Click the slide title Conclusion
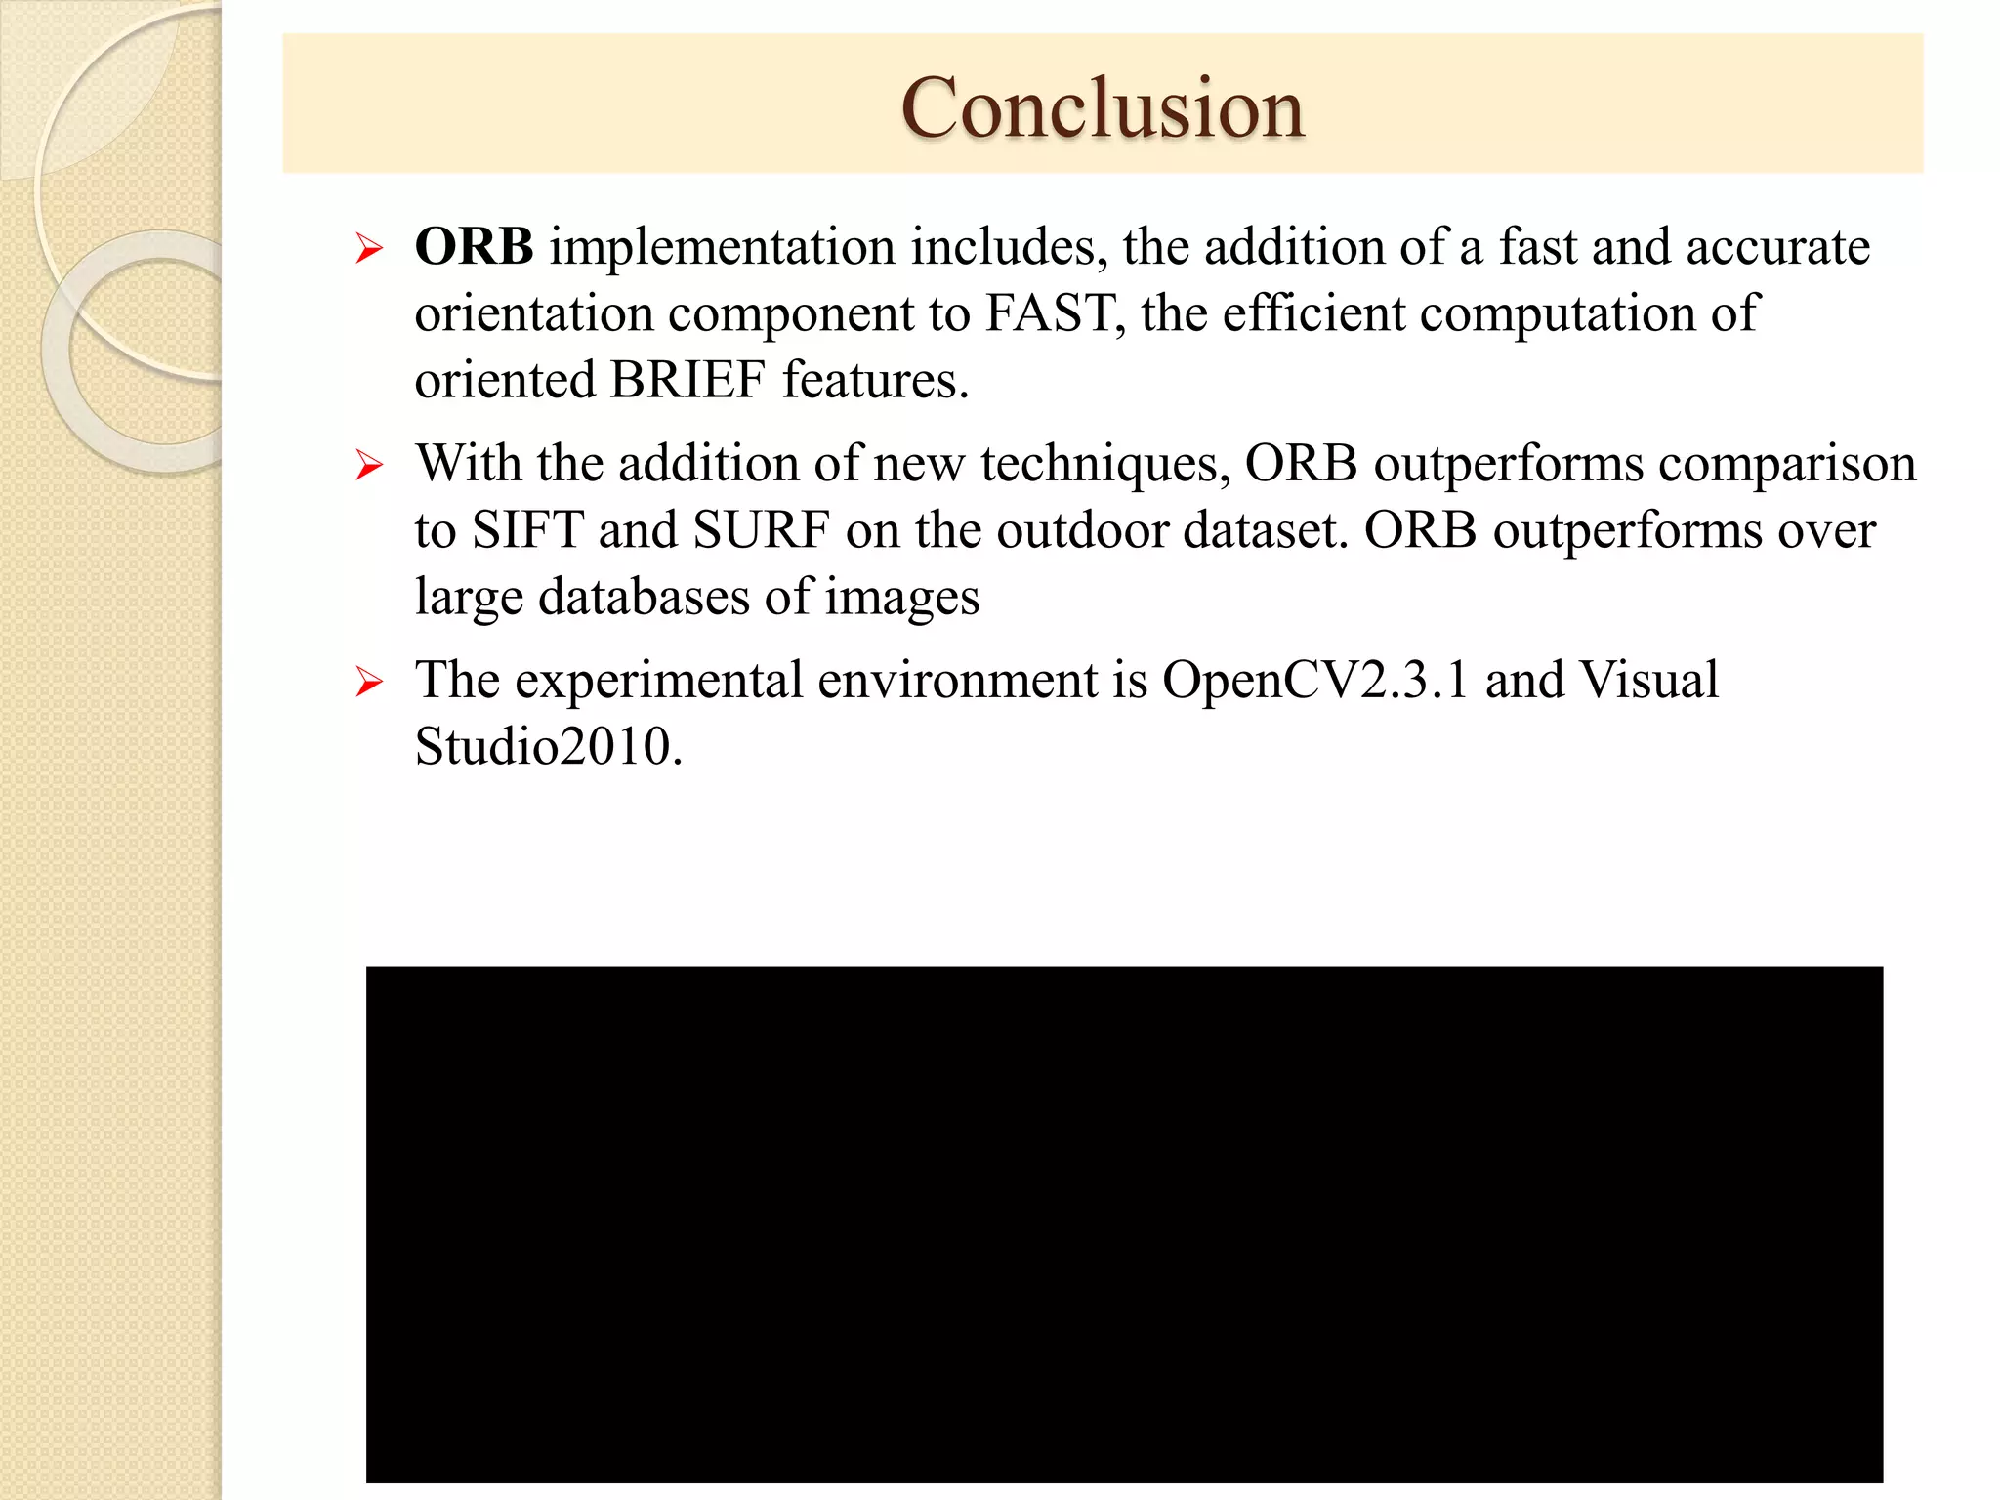[x=1102, y=107]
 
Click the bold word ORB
[x=474, y=247]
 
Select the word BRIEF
[x=687, y=381]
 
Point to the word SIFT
[x=527, y=531]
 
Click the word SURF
[x=761, y=531]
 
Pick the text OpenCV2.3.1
[x=1314, y=681]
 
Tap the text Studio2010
[x=547, y=747]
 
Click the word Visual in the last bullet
[x=1648, y=681]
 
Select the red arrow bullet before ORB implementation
[x=369, y=249]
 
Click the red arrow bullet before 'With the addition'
[x=369, y=465]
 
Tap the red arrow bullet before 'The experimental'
[x=369, y=682]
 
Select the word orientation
[x=533, y=314]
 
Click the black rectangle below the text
[x=1123, y=1224]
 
